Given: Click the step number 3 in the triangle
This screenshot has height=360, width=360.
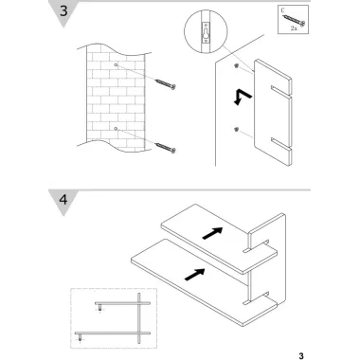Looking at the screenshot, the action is (63, 10).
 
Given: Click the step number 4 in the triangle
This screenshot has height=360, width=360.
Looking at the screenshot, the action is (63, 200).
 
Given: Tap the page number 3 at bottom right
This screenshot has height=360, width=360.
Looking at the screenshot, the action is (301, 356).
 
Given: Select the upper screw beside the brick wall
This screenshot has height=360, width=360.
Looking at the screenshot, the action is (165, 84).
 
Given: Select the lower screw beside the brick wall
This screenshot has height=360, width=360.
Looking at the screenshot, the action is (165, 147).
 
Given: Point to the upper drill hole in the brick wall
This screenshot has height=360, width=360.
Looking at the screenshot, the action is (116, 65).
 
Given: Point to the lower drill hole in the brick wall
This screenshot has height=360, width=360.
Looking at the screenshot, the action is (116, 129).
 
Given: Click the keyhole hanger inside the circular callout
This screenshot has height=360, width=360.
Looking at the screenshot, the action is (206, 33).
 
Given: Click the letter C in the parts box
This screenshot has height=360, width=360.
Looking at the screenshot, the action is (283, 10).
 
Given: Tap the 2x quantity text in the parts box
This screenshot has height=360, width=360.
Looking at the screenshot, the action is (294, 28).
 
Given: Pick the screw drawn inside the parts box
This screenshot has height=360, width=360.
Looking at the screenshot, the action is (295, 20).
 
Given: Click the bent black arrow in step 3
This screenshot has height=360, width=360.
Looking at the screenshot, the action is (243, 97).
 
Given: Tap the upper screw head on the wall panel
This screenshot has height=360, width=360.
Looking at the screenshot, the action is (236, 65).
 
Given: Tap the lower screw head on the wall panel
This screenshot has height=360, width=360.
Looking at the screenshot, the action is (236, 129).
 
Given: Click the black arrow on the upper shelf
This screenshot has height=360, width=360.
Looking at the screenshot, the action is (212, 233).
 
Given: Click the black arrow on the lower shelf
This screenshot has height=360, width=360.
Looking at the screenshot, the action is (194, 274).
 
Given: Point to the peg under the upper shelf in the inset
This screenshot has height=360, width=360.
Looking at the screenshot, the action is (99, 308).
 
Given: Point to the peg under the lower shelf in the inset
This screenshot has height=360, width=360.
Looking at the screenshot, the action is (80, 337).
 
